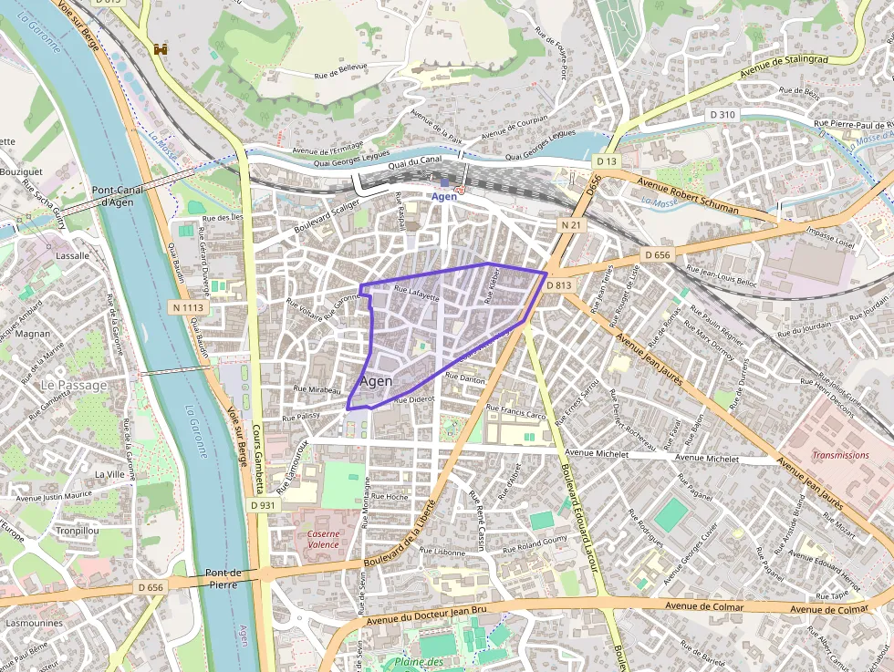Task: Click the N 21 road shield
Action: tap(571, 224)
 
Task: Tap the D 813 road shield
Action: tap(559, 285)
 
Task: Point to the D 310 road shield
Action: tap(722, 115)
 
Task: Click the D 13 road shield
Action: tap(607, 161)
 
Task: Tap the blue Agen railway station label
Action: tap(443, 196)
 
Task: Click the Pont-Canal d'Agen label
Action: tap(116, 196)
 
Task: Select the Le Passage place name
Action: tap(74, 386)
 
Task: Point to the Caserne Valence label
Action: tap(323, 539)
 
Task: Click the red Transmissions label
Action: tap(840, 455)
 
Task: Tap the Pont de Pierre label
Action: tap(223, 579)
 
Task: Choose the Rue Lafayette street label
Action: tap(416, 294)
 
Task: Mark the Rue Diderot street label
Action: tap(415, 399)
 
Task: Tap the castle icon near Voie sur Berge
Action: tap(161, 48)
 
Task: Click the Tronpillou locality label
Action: tap(78, 531)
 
